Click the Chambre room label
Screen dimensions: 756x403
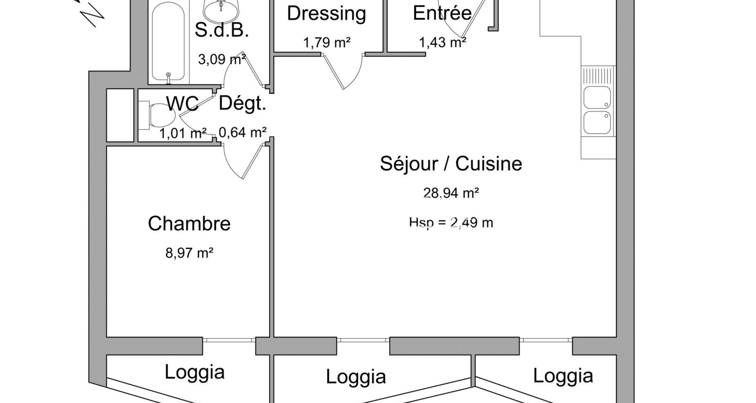(189, 224)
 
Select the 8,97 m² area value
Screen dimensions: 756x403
(189, 253)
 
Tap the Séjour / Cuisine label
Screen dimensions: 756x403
(451, 163)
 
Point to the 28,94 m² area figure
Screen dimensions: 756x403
(451, 193)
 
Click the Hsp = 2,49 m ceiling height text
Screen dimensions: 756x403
(451, 223)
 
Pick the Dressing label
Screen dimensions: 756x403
(326, 14)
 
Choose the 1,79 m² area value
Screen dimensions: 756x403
(326, 42)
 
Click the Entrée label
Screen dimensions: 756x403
(442, 13)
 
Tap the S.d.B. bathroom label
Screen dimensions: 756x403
(222, 30)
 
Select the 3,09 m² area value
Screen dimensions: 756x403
(222, 59)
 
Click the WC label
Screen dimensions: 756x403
(182, 104)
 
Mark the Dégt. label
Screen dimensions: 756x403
(242, 104)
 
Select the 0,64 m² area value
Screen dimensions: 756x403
(242, 133)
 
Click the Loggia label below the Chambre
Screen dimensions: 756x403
(195, 372)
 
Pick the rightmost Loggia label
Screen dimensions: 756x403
(563, 376)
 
